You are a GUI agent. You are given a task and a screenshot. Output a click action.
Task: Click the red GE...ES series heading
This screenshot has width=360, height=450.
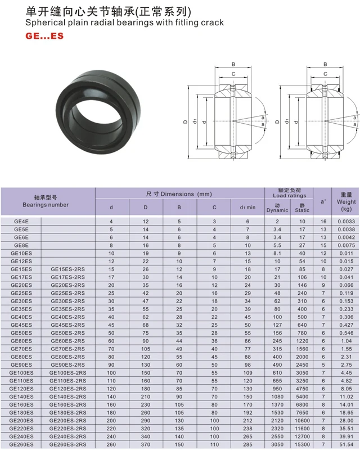click(44, 36)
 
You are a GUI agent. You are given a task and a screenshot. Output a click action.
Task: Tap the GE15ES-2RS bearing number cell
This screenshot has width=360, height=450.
click(67, 269)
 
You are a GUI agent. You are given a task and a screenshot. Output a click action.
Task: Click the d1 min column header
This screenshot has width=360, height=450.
click(247, 208)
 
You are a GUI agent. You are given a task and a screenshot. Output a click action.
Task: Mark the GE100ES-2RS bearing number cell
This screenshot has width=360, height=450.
click(67, 372)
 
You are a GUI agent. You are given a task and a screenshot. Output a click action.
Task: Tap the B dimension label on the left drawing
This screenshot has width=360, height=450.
click(233, 64)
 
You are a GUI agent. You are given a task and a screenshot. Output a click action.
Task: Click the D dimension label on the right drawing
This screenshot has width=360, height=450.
click(277, 121)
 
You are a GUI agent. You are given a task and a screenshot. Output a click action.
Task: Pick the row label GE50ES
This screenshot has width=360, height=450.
click(21, 333)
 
